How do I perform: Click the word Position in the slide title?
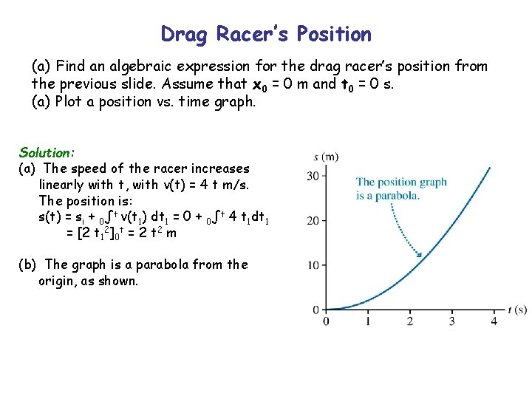click(x=333, y=35)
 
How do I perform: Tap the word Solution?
click(x=47, y=153)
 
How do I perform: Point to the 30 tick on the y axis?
click(x=313, y=175)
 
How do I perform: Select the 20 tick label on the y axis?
click(x=313, y=220)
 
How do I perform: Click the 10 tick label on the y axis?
click(x=313, y=265)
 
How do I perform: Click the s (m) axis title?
click(x=326, y=157)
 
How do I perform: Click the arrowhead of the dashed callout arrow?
click(x=420, y=256)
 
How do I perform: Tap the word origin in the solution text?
click(x=58, y=281)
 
